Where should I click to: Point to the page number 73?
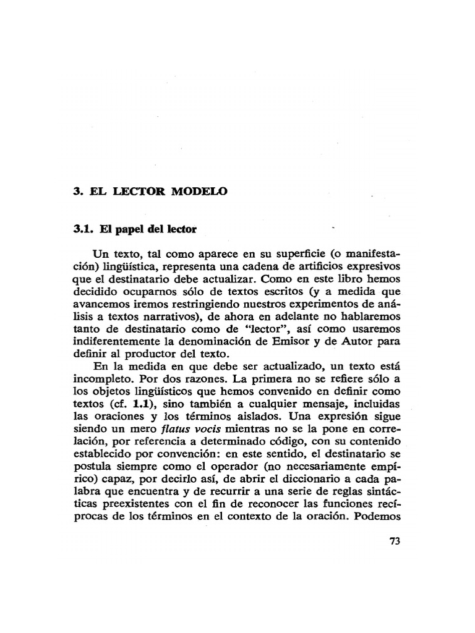[x=396, y=542]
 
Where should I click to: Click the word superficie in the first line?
[x=254, y=254]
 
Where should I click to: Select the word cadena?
[x=263, y=266]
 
